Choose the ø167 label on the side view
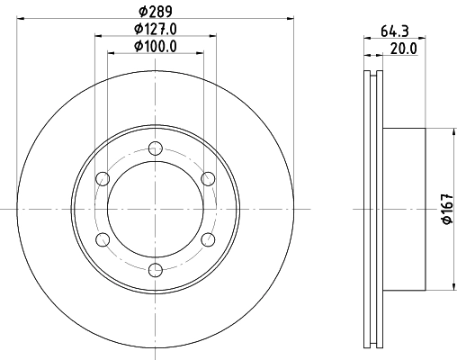(445, 210)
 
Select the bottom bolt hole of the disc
(156, 268)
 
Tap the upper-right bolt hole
(208, 178)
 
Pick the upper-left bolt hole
(103, 178)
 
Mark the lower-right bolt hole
(208, 238)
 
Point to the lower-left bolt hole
(103, 238)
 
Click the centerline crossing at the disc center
(156, 209)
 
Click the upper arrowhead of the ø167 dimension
(451, 132)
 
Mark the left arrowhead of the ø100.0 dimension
(112, 53)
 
